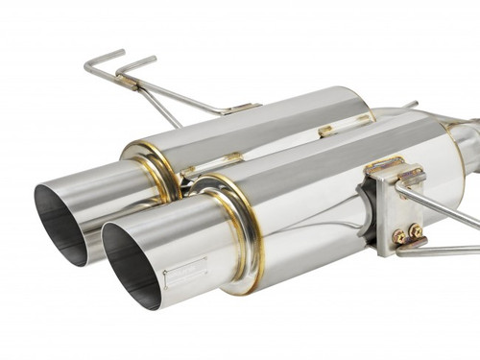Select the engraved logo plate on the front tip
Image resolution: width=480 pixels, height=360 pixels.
pos(184,276)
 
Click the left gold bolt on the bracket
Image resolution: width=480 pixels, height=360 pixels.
pos(398,235)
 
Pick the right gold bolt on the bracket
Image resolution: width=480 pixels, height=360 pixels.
pos(415,231)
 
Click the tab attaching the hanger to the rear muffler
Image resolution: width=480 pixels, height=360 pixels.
pos(240,108)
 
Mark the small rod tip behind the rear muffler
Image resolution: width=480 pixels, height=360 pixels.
pos(410,104)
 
